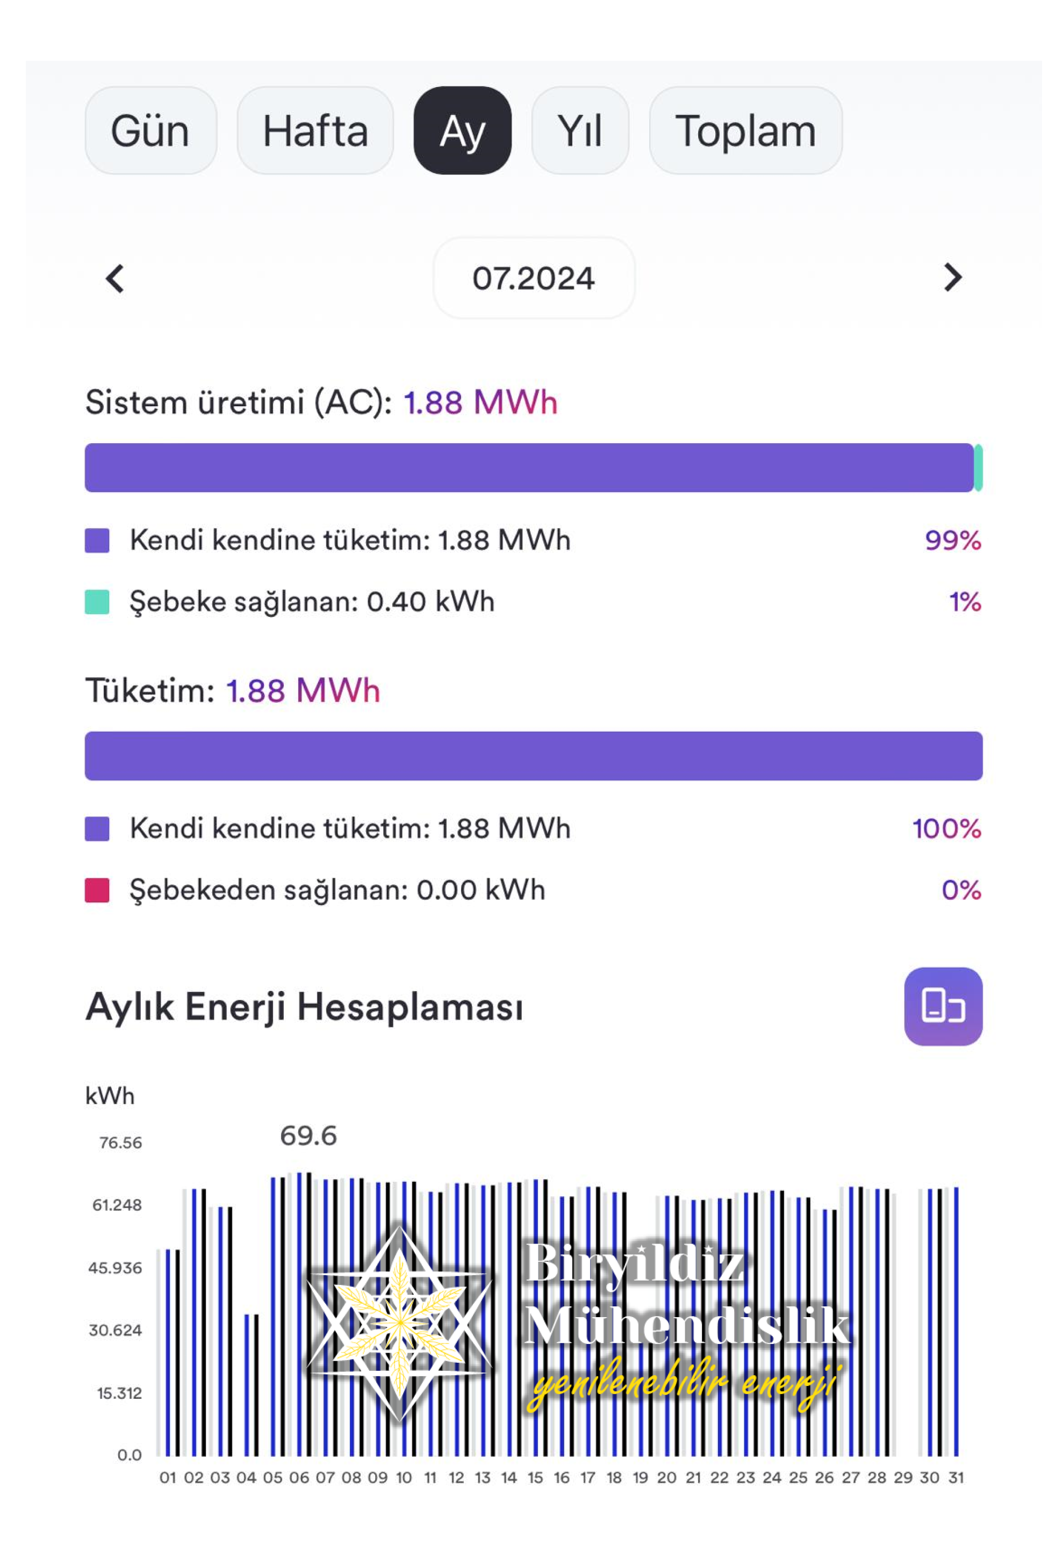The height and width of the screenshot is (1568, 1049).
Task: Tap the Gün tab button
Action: pos(150,131)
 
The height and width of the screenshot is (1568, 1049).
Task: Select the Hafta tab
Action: pos(315,131)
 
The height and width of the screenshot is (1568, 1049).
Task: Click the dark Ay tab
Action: pos(462,131)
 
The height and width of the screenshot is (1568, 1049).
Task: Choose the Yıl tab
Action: pos(579,131)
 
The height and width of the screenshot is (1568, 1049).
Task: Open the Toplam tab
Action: pos(745,131)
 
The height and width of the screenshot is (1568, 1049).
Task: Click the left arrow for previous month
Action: pos(115,278)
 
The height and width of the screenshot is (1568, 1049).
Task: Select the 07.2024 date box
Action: pos(533,278)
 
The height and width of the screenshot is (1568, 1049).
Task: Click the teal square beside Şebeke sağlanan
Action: pos(97,602)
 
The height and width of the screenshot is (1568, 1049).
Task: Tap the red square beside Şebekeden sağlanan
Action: pos(97,890)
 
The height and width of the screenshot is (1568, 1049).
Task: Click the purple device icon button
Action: pos(943,1006)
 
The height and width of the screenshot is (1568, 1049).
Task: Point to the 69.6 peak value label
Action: pos(308,1136)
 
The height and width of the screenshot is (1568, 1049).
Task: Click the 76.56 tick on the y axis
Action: pos(120,1143)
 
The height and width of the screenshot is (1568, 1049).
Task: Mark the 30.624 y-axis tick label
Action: pos(115,1331)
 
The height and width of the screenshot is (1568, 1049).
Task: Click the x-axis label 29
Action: pos(903,1477)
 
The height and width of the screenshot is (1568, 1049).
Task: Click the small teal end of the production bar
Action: pos(978,467)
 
